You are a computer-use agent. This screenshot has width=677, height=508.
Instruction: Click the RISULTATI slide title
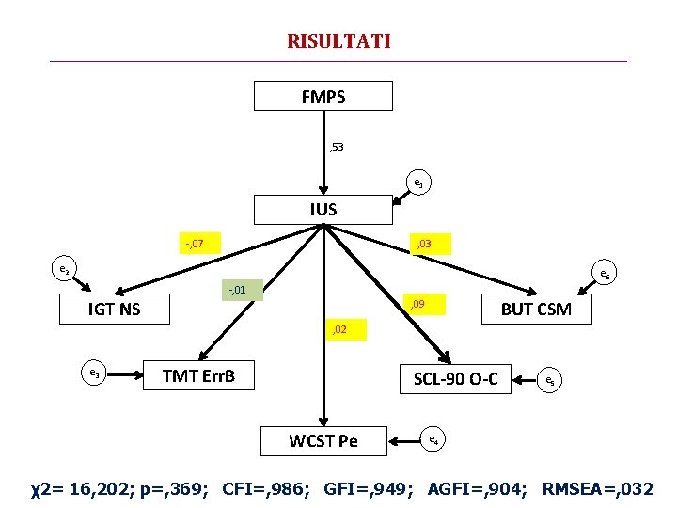pos(338,41)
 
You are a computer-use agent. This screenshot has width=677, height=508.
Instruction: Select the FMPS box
pos(323,97)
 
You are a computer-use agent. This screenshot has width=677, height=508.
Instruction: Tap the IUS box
pos(323,210)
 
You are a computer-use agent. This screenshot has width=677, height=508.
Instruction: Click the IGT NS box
pos(114,309)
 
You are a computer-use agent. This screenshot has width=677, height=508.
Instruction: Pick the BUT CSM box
pos(536,309)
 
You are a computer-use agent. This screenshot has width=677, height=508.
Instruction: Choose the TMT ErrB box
pos(198,376)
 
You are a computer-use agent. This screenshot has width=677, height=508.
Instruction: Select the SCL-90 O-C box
pos(455,379)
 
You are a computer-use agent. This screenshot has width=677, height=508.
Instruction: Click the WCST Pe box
pos(323,439)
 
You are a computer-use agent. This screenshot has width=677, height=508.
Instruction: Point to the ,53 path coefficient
pos(336,148)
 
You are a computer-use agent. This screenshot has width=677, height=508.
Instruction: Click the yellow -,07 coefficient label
pos(196,245)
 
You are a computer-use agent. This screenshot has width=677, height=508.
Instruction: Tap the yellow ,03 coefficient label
pos(424,245)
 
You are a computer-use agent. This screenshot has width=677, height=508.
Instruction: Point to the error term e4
pos(432,438)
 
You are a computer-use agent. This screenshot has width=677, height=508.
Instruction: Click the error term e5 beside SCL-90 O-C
pos(550,381)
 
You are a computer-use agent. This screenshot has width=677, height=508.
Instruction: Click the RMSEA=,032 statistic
pos(599,488)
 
